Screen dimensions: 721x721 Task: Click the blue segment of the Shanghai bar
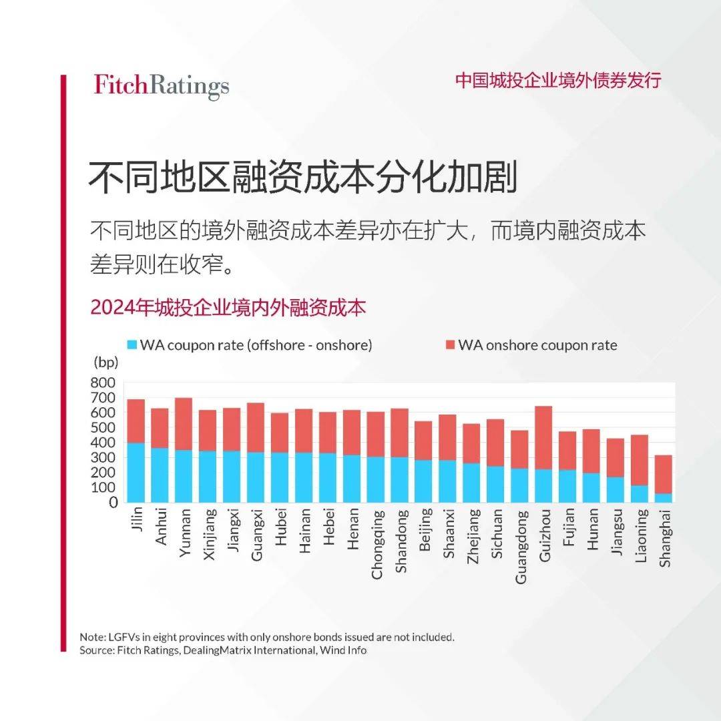pos(664,497)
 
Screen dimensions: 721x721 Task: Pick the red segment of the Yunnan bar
pos(184,424)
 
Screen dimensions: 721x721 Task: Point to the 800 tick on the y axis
pos(103,383)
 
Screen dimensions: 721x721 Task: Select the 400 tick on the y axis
pos(103,443)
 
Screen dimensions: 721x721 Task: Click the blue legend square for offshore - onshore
pos(132,345)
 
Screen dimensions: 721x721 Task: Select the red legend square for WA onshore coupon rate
pos(450,345)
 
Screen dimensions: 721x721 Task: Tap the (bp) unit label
pos(105,363)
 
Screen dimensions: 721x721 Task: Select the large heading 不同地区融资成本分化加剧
pos(304,177)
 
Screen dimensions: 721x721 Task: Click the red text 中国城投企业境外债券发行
pos(558,81)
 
